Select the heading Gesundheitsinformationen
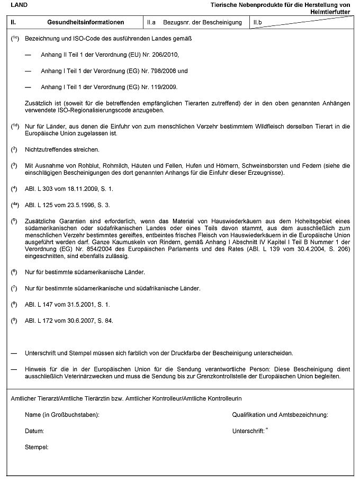click(x=85, y=22)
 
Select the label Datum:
click(x=34, y=431)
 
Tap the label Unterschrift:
click(x=248, y=431)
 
